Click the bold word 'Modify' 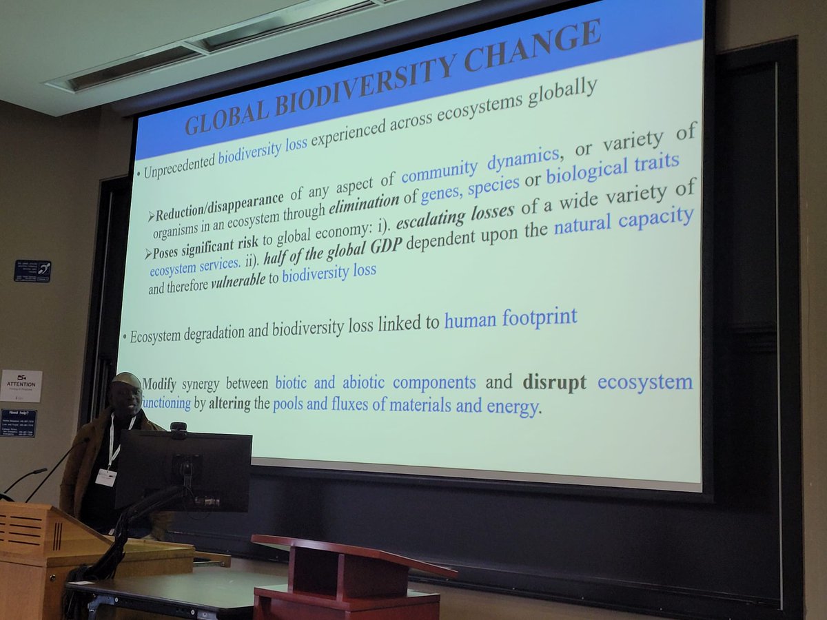click(x=163, y=383)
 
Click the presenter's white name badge click(x=105, y=477)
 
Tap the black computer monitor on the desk click(x=183, y=469)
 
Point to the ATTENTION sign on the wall click(x=21, y=386)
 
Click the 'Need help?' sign click(x=19, y=422)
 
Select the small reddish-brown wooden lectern click(x=348, y=579)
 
